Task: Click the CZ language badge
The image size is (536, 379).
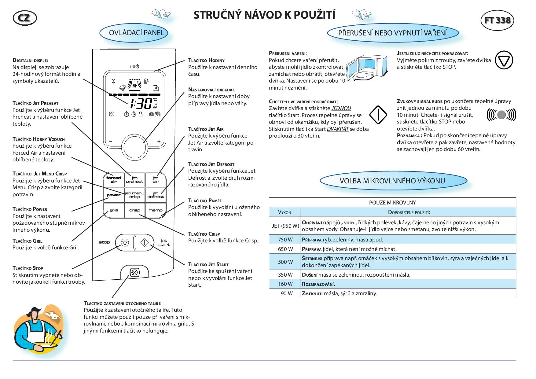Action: pyautogui.click(x=25, y=18)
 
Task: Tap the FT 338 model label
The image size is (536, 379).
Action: pyautogui.click(x=497, y=20)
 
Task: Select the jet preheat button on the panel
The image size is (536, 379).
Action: pyautogui.click(x=134, y=180)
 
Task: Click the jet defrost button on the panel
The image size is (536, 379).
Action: pyautogui.click(x=156, y=195)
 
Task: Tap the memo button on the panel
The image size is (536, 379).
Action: pyautogui.click(x=156, y=210)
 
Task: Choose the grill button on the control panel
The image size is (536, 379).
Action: pyautogui.click(x=114, y=210)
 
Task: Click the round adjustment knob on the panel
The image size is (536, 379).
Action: pyautogui.click(x=135, y=147)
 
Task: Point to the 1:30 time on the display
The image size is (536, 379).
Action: pyautogui.click(x=141, y=104)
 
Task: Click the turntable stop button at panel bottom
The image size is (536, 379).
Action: pyautogui.click(x=134, y=272)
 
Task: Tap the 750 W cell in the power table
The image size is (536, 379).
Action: pyautogui.click(x=285, y=240)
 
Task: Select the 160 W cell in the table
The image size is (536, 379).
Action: pyautogui.click(x=285, y=284)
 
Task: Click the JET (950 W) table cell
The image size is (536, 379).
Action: pyautogui.click(x=285, y=226)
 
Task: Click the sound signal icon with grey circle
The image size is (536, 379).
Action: pyautogui.click(x=501, y=115)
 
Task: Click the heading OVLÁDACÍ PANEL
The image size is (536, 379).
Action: pyautogui.click(x=136, y=33)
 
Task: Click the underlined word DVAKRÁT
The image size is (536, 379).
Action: pyautogui.click(x=338, y=129)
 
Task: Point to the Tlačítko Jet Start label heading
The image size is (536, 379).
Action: pyautogui.click(x=208, y=264)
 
